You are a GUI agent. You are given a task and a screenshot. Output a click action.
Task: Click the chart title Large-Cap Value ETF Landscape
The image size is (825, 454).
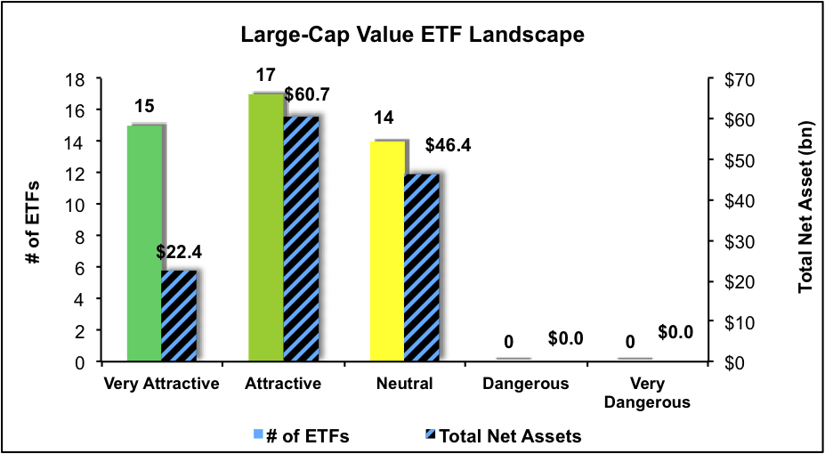412,36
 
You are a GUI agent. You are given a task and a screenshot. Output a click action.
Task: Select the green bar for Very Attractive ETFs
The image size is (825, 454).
144,243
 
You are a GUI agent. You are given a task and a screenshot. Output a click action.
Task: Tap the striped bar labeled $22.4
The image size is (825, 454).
178,315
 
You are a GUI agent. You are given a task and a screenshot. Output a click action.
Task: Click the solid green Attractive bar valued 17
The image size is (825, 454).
265,227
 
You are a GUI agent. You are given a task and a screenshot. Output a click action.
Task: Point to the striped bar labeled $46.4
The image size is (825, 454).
421,267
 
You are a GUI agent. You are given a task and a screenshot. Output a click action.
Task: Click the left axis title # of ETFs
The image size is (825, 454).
33,220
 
